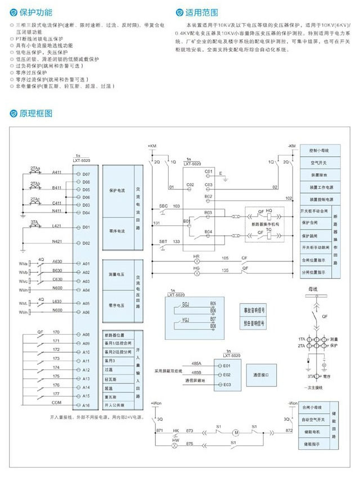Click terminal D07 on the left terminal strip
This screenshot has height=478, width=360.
tap(85, 174)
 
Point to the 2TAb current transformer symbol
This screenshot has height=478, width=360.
tap(35, 187)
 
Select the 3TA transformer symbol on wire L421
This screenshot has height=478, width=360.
tap(35, 228)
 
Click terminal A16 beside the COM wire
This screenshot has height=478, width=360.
tap(85, 405)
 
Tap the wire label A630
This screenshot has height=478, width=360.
tap(57, 262)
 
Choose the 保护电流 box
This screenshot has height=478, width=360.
tap(116, 191)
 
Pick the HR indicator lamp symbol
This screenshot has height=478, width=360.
tap(197, 261)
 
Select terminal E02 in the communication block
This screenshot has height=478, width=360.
tap(227, 374)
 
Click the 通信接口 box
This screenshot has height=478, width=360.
tap(262, 374)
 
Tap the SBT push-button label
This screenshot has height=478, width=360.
tap(163, 241)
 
